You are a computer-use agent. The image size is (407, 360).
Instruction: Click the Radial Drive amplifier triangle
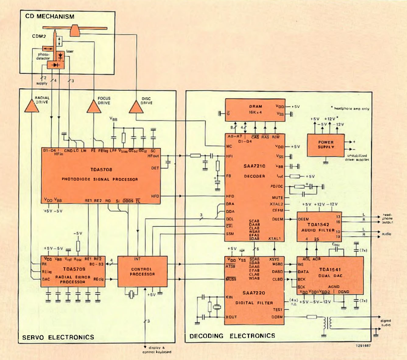31,106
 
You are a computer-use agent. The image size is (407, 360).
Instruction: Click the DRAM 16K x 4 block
255,110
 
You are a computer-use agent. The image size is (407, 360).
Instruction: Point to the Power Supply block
326,145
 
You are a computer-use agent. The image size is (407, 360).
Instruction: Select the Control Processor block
142,271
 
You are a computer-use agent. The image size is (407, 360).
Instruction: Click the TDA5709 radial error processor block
73,271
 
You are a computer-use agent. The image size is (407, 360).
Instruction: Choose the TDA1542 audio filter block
319,227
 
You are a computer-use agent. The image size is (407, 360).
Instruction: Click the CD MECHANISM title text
50,16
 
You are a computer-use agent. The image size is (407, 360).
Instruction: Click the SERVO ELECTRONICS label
58,337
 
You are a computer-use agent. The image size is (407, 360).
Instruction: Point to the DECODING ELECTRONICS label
232,336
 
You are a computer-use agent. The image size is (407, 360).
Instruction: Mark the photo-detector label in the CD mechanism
43,56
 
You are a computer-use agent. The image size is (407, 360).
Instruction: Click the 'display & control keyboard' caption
157,350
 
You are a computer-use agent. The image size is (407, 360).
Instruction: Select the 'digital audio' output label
386,323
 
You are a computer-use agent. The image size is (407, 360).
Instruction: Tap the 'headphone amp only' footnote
351,109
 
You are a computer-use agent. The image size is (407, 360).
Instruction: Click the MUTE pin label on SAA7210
277,197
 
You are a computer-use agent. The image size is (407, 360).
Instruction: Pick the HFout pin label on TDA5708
153,156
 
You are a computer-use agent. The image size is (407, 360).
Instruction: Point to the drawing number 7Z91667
363,346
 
